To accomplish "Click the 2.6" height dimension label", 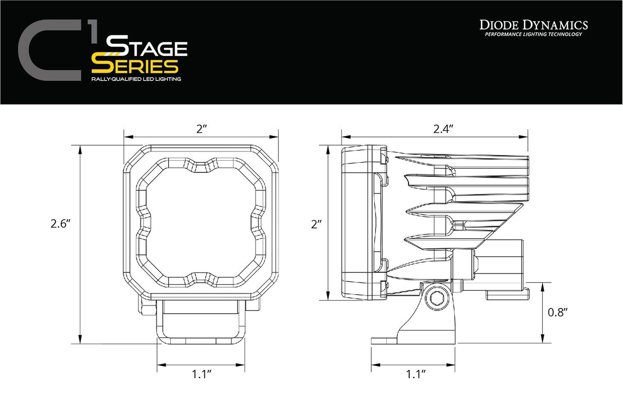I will coord(60,224).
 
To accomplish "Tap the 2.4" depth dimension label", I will coord(443,129).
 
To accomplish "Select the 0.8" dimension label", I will coord(557,312).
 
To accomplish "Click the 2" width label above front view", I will coord(202,129).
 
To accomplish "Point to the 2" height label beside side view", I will coord(316,224).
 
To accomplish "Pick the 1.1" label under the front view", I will coord(201,374).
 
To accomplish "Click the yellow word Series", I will coord(135,66).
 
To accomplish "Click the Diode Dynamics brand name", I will coord(533,25).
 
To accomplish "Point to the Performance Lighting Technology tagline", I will coord(533,34).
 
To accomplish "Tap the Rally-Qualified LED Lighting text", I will coord(136,79).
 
